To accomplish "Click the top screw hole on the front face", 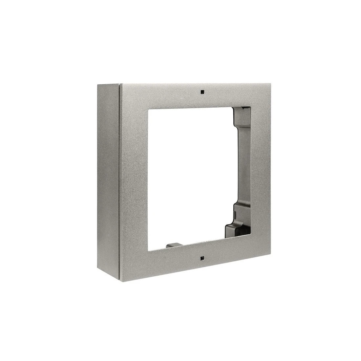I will point(202,92).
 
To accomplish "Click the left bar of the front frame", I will point(135,177).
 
